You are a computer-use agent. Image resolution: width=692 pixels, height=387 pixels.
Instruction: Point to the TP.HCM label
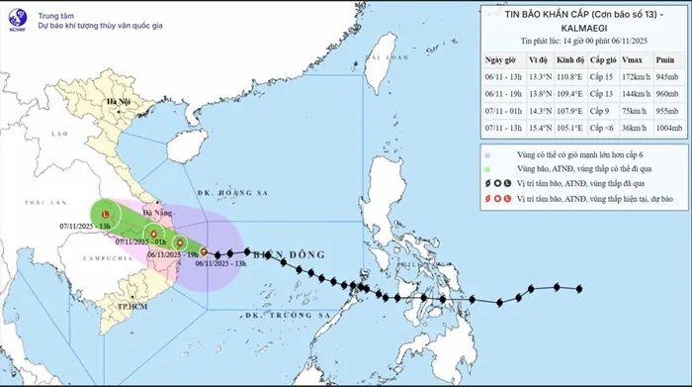[x=125, y=307]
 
